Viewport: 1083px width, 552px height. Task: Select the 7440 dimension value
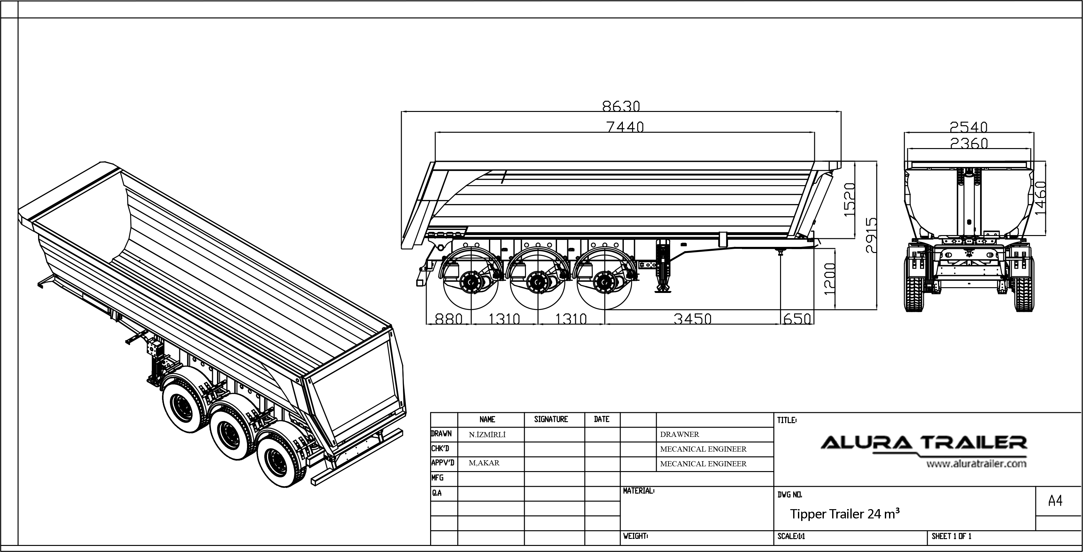pos(625,126)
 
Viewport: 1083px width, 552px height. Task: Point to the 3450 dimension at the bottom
pos(692,319)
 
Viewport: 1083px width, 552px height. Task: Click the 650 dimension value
pos(797,319)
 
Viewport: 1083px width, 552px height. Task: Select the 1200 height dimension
pos(829,279)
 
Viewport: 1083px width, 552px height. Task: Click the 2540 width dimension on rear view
pos(969,126)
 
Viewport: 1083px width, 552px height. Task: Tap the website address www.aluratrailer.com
pos(976,464)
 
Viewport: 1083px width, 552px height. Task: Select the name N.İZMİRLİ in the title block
pos(487,435)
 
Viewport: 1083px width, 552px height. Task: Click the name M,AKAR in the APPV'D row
pos(484,463)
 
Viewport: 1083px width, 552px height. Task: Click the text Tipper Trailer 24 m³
pos(845,514)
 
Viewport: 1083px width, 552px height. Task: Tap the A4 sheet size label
pos(1055,501)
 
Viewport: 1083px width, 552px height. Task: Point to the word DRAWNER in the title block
pos(679,434)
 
